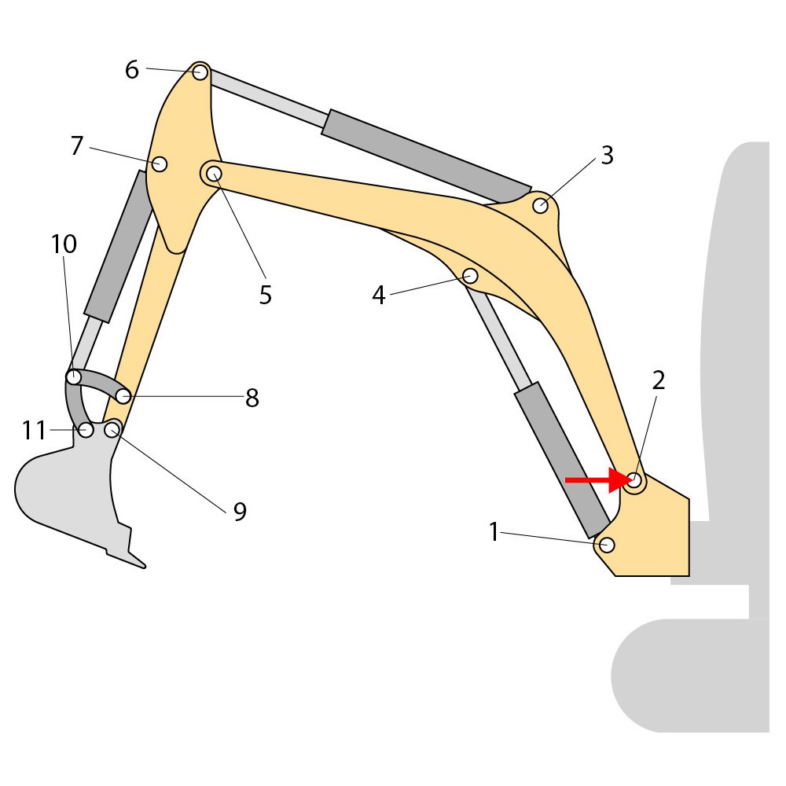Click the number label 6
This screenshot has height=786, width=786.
pos(132,70)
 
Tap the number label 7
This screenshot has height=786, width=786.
pos(77,146)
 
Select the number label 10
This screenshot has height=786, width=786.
pos(64,244)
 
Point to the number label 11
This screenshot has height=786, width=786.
pos(34,431)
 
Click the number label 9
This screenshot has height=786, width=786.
pos(240,512)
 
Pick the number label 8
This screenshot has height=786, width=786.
pos(252,398)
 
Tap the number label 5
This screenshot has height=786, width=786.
pos(265,295)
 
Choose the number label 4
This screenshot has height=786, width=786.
pos(379,295)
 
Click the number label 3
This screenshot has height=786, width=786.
pos(607,156)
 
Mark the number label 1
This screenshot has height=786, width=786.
pos(494,532)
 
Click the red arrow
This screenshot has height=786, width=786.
pos(600,480)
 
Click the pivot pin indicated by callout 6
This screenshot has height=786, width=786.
pos(200,72)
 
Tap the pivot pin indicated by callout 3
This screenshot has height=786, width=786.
pos(540,205)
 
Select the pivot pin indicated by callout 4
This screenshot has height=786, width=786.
pos(470,276)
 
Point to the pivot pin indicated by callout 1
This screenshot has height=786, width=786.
pos(607,545)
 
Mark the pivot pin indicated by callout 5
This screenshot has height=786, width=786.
pos(214,174)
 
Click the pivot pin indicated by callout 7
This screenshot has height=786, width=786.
pos(160,164)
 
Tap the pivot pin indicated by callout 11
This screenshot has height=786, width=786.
pos(86,430)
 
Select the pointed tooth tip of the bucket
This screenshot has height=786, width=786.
pos(145,567)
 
